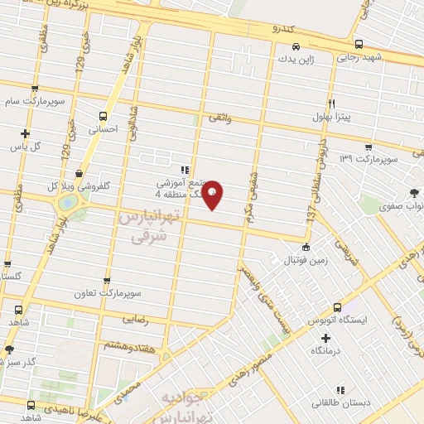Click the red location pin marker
[x=213, y=195]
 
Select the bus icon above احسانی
[x=103, y=116]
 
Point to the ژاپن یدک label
[x=296, y=60]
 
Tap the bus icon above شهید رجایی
[x=358, y=45]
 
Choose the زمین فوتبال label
[x=306, y=260]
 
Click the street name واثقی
[x=220, y=119]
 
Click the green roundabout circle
[x=65, y=203]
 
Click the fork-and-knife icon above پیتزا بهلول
[x=331, y=104]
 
